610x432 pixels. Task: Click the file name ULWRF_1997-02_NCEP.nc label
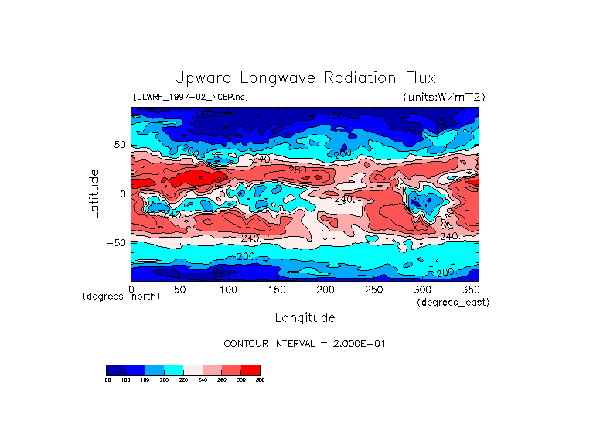(x=190, y=98)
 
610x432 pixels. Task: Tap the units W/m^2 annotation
(x=444, y=98)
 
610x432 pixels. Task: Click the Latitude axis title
(x=94, y=194)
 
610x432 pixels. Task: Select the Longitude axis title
(x=305, y=317)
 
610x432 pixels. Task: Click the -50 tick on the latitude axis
(x=117, y=243)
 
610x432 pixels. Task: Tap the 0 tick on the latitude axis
(x=122, y=194)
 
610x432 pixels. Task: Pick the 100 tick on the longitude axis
(x=228, y=290)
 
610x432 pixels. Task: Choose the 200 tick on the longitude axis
(x=325, y=290)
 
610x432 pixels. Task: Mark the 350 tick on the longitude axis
(x=470, y=290)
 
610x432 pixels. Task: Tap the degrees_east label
(x=453, y=303)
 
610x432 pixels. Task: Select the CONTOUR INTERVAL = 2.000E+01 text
(x=304, y=343)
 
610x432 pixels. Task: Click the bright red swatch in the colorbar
(x=250, y=370)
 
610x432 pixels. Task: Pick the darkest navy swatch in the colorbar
(x=115, y=370)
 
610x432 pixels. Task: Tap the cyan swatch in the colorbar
(x=173, y=370)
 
